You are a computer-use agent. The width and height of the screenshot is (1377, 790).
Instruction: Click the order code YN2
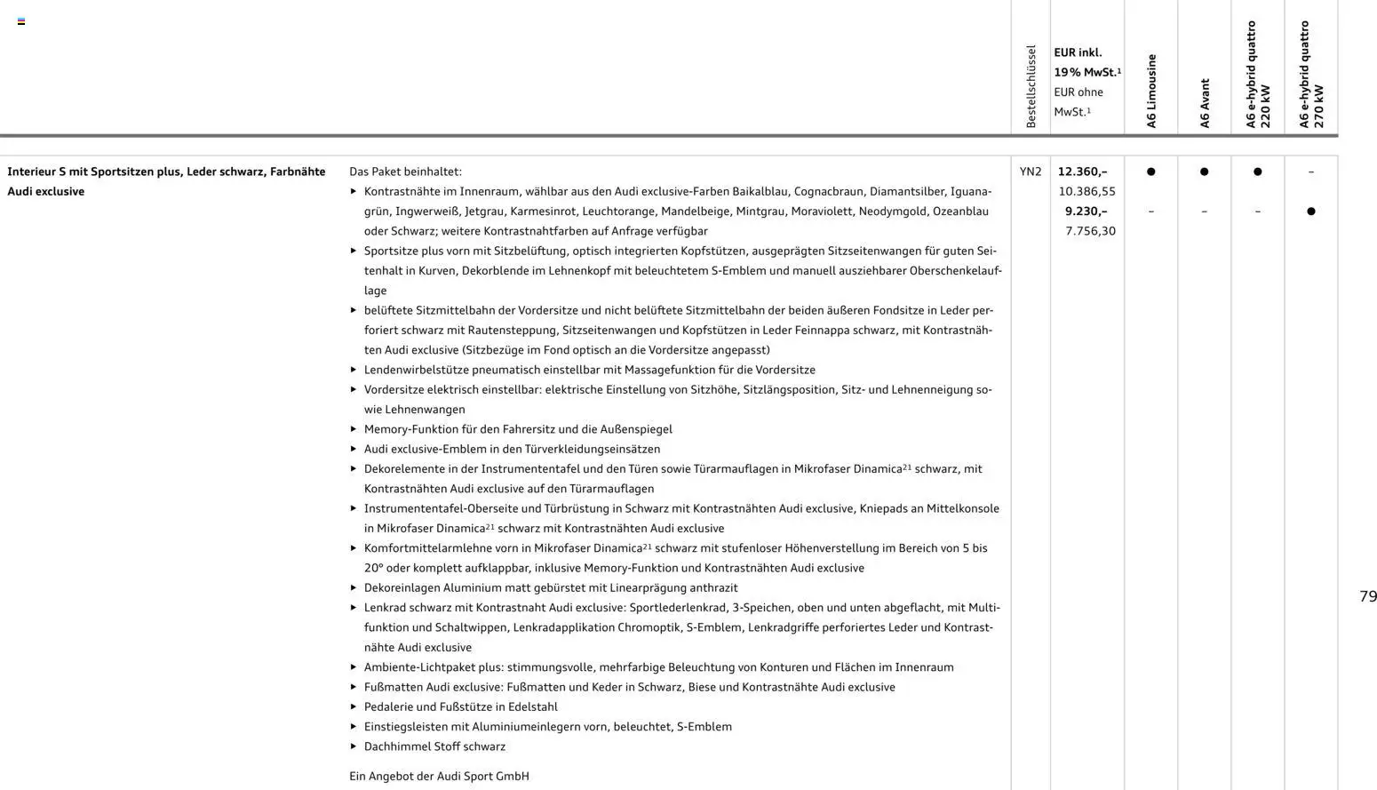click(x=1031, y=172)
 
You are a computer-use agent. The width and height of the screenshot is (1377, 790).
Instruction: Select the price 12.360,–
click(x=1082, y=172)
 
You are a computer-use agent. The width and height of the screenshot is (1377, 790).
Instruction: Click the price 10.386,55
click(x=1086, y=191)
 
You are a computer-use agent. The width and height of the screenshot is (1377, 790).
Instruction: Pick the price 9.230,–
click(x=1086, y=211)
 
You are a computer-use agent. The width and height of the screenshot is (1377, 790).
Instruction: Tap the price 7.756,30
click(x=1090, y=231)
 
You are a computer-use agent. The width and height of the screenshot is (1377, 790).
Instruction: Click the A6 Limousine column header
click(x=1151, y=91)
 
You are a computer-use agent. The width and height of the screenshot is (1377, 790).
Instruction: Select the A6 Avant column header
click(x=1205, y=103)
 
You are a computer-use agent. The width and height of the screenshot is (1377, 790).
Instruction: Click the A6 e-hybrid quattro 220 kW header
click(x=1258, y=76)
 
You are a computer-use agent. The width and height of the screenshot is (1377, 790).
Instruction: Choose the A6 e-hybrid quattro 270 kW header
click(x=1311, y=76)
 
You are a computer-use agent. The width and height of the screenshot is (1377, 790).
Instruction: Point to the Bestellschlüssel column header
click(x=1031, y=86)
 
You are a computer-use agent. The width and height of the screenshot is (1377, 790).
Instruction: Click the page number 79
click(x=1368, y=596)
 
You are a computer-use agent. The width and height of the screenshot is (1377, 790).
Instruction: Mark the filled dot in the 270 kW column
click(x=1311, y=211)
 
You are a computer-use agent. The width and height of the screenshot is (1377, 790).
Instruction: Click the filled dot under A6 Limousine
click(x=1151, y=172)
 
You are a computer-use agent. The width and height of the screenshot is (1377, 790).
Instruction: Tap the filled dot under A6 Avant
click(x=1205, y=172)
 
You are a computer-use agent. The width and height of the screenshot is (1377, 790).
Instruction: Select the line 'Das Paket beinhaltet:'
click(x=405, y=172)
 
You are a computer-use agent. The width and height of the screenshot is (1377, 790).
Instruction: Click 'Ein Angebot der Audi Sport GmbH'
click(x=439, y=776)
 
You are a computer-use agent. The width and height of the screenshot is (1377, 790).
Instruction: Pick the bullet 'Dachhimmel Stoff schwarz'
click(x=434, y=746)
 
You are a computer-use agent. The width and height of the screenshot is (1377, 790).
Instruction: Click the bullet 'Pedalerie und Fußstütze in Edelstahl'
click(x=460, y=706)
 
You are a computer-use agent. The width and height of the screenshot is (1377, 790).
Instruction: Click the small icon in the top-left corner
click(x=21, y=21)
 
